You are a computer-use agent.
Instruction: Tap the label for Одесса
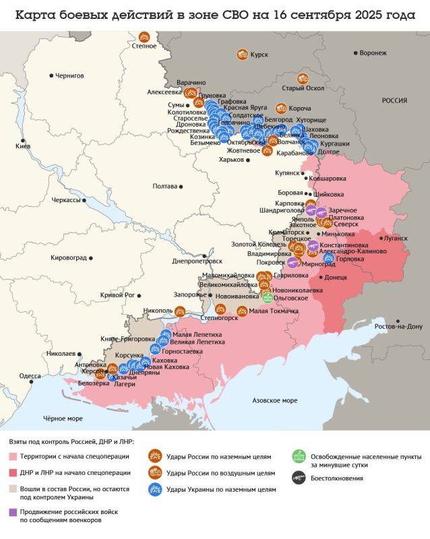tap(30, 376)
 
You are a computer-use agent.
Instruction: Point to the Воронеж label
tap(373, 53)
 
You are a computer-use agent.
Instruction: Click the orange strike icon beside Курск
tap(241, 54)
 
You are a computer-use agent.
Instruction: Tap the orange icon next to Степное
tap(144, 37)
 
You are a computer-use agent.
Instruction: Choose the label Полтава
tap(165, 185)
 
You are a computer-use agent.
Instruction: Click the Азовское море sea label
tap(274, 400)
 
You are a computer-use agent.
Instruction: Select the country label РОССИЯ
tap(394, 100)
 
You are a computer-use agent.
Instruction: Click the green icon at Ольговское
tap(268, 297)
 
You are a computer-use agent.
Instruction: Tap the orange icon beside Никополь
tap(180, 311)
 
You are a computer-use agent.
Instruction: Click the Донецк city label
tap(336, 277)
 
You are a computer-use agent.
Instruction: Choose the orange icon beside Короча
tap(281, 108)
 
